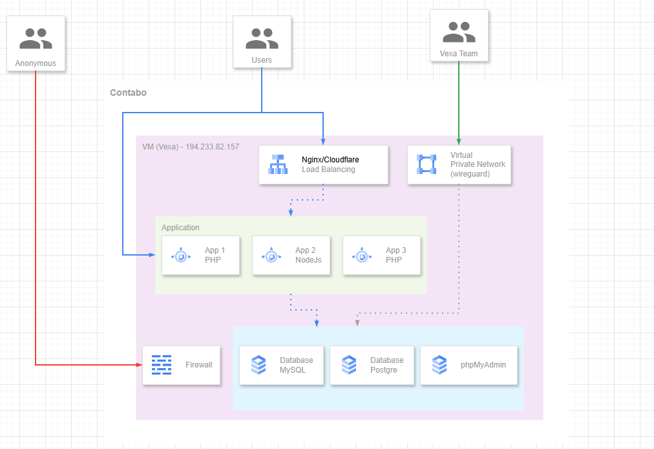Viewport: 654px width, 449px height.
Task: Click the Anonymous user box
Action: click(36, 44)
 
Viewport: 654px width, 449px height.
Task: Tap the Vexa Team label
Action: click(459, 54)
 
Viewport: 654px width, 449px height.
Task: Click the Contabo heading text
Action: click(128, 93)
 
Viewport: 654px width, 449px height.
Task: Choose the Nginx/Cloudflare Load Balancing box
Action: click(323, 165)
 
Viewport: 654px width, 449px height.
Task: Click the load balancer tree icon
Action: click(278, 165)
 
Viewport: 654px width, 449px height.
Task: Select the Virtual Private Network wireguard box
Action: click(459, 165)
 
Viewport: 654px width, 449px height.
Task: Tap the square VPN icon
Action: click(427, 165)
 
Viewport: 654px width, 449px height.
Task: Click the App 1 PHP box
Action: click(200, 256)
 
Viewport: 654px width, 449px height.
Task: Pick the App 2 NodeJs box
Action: click(291, 256)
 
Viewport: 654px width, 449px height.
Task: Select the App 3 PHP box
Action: click(381, 256)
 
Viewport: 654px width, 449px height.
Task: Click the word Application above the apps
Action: click(180, 228)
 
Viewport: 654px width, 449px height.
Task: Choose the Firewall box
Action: click(181, 365)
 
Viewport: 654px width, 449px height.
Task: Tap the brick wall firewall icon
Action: click(162, 365)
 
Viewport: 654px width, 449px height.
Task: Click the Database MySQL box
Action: click(281, 366)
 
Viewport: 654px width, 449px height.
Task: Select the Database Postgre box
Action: click(372, 366)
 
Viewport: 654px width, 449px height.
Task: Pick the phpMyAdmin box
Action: click(469, 366)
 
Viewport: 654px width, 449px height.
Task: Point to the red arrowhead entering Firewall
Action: click(139, 365)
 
